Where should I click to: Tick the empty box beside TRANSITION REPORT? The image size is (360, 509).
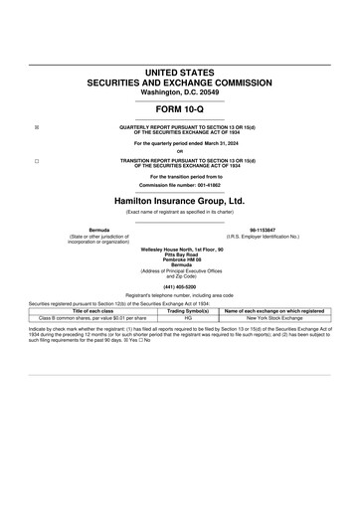37,160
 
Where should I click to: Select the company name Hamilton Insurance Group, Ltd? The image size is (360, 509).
180,200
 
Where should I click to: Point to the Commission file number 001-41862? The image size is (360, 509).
180,185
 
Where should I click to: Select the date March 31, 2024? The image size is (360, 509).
212,143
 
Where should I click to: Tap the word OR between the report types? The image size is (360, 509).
180,151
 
